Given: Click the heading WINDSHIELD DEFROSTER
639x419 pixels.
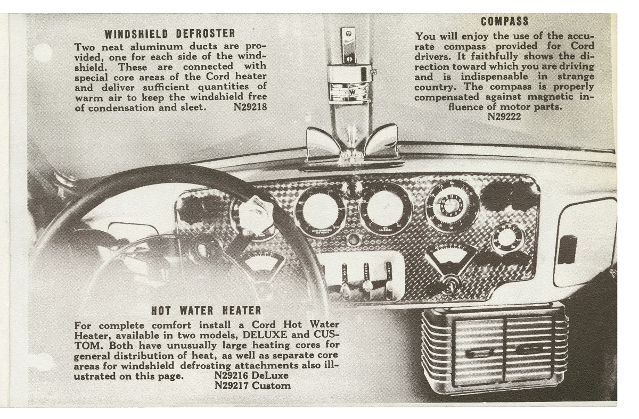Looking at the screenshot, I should (x=169, y=34).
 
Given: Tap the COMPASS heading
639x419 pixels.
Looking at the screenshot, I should (x=504, y=22).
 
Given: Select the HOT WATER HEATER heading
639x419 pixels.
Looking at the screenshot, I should (x=206, y=310).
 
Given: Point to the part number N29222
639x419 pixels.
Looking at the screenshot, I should (x=504, y=116).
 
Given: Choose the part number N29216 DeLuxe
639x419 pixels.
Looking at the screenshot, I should (x=251, y=375).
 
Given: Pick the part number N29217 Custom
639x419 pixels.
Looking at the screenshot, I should (x=252, y=386).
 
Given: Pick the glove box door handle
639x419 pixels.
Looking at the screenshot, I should (x=569, y=249).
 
